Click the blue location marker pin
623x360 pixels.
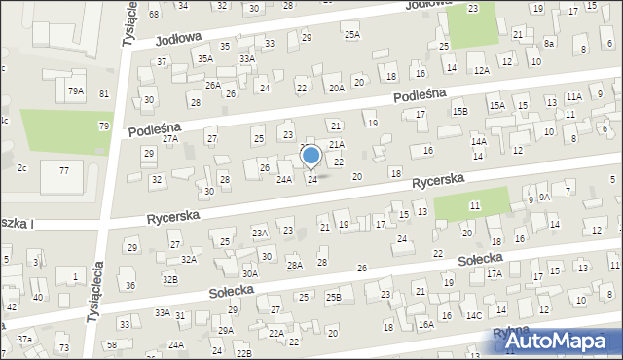(x=311, y=156)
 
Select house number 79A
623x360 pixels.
(x=76, y=90)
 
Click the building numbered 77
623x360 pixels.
(x=63, y=170)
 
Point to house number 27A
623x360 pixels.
(x=170, y=139)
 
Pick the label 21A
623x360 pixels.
(x=336, y=144)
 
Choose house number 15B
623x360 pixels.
(x=459, y=112)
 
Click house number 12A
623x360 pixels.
(x=481, y=70)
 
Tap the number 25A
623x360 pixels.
(x=351, y=34)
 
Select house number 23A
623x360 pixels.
(x=260, y=233)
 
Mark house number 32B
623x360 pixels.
(x=170, y=279)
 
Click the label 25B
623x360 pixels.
(x=334, y=297)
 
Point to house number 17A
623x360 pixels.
(x=494, y=274)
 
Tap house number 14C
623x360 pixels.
(x=473, y=315)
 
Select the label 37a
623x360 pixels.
(x=24, y=339)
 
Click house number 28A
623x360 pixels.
(x=294, y=265)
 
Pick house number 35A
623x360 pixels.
(x=205, y=58)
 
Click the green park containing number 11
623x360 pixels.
(x=472, y=205)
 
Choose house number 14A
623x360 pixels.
(x=478, y=141)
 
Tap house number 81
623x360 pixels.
(x=104, y=93)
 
